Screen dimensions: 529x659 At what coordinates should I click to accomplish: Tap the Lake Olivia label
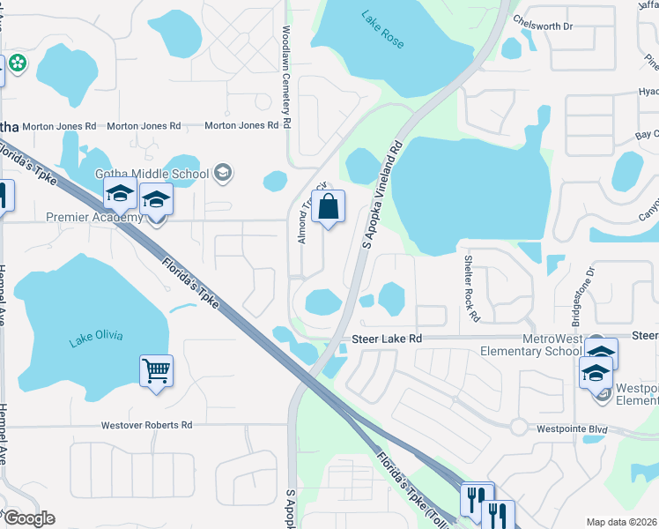95,335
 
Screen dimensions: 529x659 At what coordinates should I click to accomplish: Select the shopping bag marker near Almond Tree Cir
328,208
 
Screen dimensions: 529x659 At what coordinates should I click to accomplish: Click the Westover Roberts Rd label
146,425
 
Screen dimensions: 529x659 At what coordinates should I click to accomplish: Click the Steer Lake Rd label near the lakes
387,339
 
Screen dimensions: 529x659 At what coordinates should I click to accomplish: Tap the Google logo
28,518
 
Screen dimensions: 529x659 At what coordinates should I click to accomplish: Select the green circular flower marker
17,63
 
